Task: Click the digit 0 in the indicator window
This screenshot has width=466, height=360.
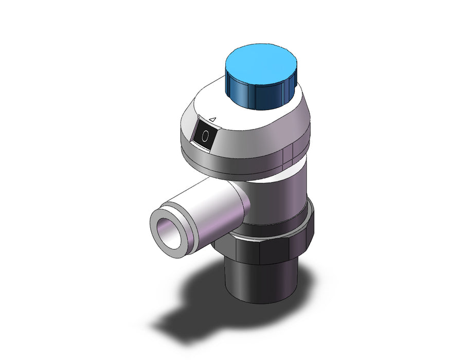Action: pos(205,136)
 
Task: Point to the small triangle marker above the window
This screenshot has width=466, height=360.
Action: pos(212,119)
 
